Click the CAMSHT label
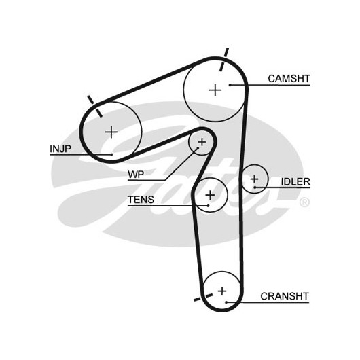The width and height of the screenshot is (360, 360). pyautogui.click(x=289, y=79)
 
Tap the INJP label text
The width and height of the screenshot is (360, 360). pyautogui.click(x=60, y=149)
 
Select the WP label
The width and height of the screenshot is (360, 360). pyautogui.click(x=136, y=175)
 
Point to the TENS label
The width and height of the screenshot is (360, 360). pyautogui.click(x=141, y=200)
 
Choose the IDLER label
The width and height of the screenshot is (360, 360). pyautogui.click(x=295, y=182)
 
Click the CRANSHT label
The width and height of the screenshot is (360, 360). pyautogui.click(x=285, y=296)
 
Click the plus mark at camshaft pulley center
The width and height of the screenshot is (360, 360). pyautogui.click(x=215, y=90)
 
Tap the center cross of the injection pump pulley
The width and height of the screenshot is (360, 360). pyautogui.click(x=111, y=132)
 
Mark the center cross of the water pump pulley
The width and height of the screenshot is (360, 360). pyautogui.click(x=202, y=142)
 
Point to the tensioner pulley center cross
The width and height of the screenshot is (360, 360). pyautogui.click(x=210, y=195)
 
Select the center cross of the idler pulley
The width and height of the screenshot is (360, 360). pyautogui.click(x=255, y=179)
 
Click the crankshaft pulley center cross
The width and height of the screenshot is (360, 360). pyautogui.click(x=222, y=291)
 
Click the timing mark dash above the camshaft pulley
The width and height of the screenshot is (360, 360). pyautogui.click(x=224, y=60)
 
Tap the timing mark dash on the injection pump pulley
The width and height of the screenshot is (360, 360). pyautogui.click(x=95, y=107)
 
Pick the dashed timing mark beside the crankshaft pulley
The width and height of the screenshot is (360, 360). pyautogui.click(x=203, y=297)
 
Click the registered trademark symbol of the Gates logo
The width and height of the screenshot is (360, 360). pyautogui.click(x=304, y=202)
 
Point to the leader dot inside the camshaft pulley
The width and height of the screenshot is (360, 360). pyautogui.click(x=230, y=85)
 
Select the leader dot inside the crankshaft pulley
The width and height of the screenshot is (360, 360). pyautogui.click(x=226, y=302)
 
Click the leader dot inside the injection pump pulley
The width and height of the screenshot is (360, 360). pyautogui.click(x=111, y=155)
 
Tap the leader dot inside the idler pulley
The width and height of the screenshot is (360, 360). pyautogui.click(x=255, y=187)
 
